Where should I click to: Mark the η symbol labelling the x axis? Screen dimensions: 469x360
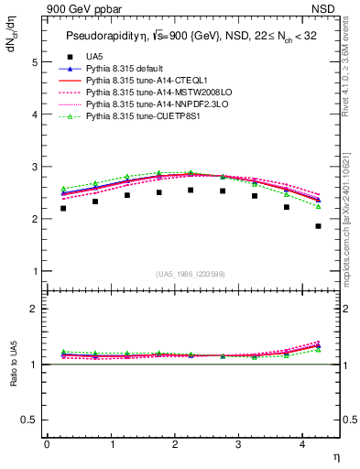[x=335, y=457]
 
